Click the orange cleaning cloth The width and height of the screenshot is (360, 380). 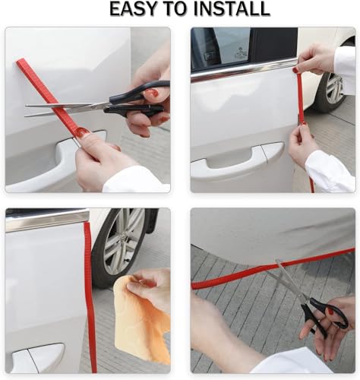(140, 323)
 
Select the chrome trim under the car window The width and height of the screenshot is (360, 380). (243, 71)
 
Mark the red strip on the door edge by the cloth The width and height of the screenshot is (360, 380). (90, 304)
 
